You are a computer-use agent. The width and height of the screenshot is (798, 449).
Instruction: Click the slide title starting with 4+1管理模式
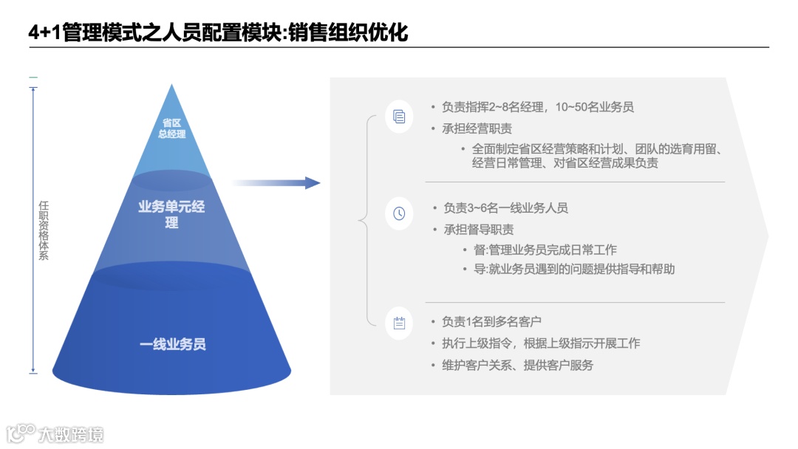tap(218, 32)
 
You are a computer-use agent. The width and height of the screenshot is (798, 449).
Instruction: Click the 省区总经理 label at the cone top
tap(172, 128)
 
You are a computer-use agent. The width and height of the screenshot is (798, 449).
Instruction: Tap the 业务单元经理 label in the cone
tap(171, 214)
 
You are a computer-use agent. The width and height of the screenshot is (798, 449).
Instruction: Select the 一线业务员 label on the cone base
tap(172, 344)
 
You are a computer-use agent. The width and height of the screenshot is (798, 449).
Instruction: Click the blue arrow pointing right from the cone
tap(277, 182)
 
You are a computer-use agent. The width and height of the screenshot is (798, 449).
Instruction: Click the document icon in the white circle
tap(399, 116)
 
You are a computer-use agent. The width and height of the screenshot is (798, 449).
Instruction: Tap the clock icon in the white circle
tap(399, 213)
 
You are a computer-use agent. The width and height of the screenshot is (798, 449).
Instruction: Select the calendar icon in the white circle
tap(399, 322)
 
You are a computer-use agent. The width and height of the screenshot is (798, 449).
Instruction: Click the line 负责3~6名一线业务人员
tap(505, 208)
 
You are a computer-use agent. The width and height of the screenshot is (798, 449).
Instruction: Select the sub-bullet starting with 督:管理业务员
tap(545, 250)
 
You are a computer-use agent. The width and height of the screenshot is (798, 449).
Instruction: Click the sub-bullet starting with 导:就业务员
tap(573, 270)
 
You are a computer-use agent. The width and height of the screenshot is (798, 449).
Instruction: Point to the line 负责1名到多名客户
tap(491, 322)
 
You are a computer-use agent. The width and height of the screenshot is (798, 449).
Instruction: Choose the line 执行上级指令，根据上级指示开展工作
tap(541, 343)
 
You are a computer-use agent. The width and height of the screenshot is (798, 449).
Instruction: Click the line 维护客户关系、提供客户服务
tap(517, 365)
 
